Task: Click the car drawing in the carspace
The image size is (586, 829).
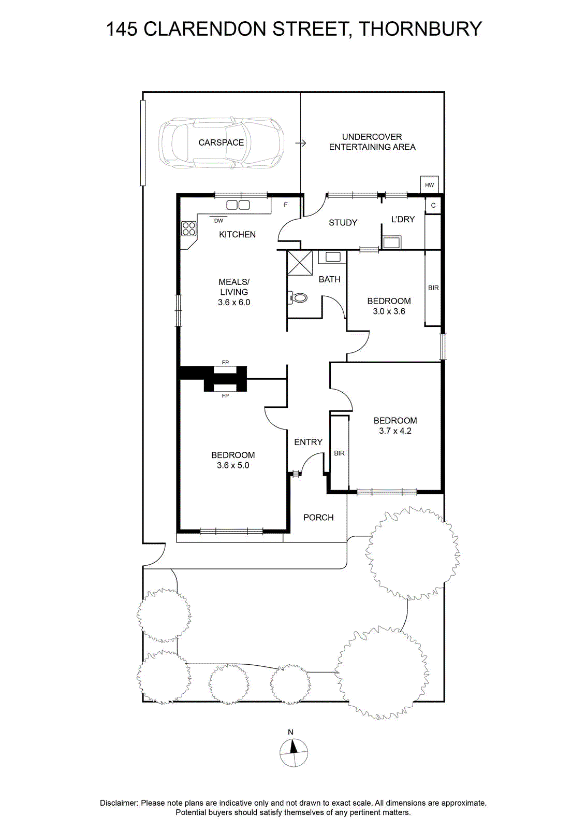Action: coord(222,142)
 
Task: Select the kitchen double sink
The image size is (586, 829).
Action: coord(238,205)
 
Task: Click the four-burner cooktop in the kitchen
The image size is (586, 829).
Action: coord(188,228)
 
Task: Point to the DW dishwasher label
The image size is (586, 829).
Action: coord(218,221)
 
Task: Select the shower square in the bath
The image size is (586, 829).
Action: coord(300,262)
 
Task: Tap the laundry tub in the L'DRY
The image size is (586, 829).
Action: coord(391,242)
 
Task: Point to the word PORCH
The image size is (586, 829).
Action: coord(318,518)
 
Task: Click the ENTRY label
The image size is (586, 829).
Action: coord(309,442)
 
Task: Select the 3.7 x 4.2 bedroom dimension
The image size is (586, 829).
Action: coord(395,431)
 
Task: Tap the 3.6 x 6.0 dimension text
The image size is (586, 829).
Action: coord(233,303)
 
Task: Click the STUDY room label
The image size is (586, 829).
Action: coord(343,222)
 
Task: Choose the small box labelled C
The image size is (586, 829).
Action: coord(433,205)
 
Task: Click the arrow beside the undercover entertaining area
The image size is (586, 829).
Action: coord(301,143)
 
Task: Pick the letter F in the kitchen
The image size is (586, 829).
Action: coord(285,205)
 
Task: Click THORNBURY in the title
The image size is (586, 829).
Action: coord(420,29)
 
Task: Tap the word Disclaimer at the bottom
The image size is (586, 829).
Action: coord(119,803)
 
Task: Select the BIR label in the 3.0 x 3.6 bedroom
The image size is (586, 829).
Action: coord(433,288)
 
